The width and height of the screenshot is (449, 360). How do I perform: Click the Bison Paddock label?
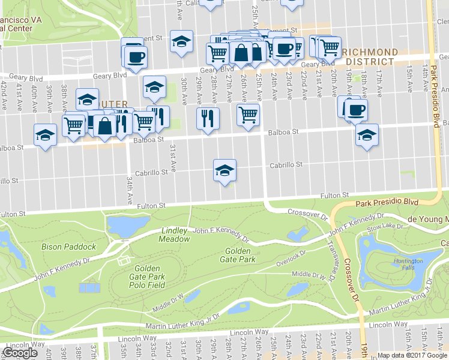77,247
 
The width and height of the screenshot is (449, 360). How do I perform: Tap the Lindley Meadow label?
175,235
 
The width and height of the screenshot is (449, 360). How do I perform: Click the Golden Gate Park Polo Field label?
147,277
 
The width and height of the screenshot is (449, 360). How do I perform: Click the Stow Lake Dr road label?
382,227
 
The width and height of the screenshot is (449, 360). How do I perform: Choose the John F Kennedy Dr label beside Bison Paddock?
61,269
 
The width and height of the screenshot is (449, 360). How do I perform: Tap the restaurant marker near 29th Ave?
208,116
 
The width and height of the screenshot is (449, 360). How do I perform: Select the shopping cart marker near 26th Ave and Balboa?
247,114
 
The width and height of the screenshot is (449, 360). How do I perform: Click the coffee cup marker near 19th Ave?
356,110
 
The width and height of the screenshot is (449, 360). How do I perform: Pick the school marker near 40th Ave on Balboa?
45,134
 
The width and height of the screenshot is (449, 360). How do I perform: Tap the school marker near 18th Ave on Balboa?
367,134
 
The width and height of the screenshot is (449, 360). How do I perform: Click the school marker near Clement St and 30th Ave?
181,41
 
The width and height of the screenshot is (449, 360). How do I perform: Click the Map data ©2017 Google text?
412,355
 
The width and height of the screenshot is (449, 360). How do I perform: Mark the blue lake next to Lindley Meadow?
127,226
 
